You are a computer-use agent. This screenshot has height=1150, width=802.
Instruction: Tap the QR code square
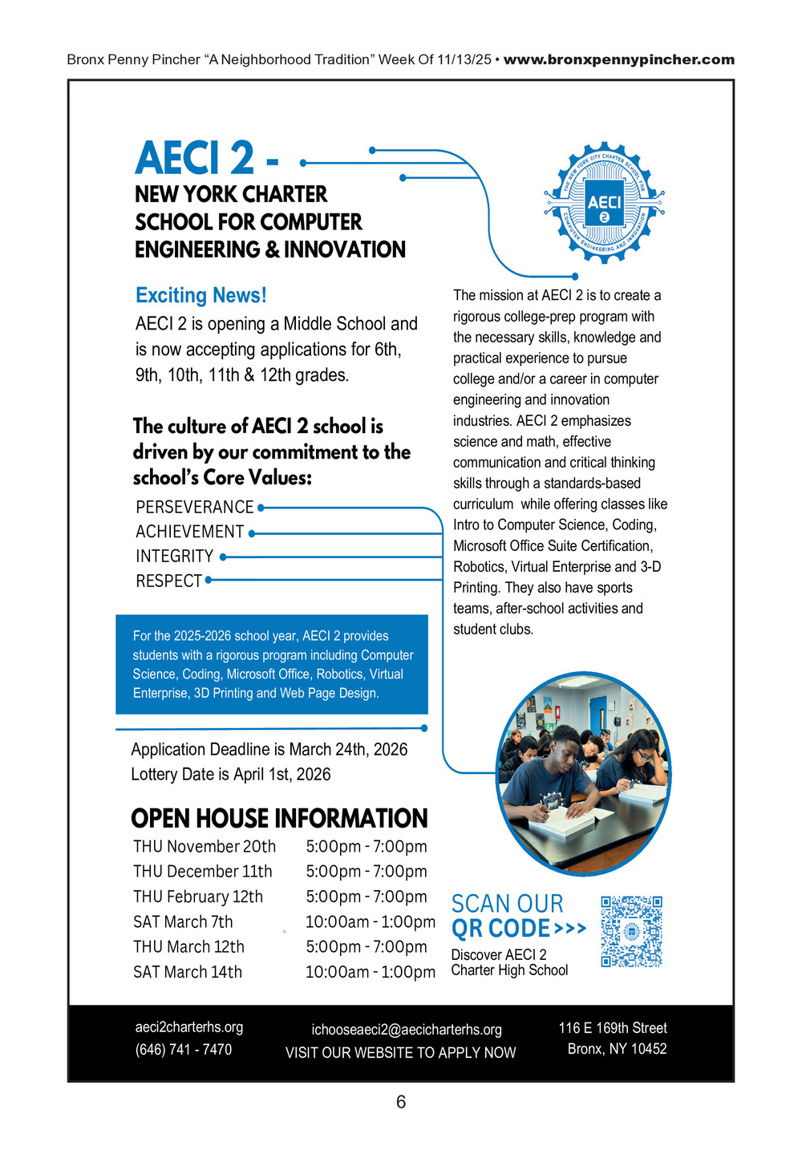631,931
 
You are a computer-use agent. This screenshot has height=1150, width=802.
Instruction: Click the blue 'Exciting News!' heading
200,295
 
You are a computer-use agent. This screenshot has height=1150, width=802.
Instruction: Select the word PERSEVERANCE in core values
194,507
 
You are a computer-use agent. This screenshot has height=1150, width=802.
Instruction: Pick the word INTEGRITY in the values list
174,556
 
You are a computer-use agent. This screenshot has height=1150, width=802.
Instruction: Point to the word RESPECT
168,581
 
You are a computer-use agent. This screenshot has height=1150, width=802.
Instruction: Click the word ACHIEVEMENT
189,532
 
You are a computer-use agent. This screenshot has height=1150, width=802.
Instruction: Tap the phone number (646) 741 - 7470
184,1049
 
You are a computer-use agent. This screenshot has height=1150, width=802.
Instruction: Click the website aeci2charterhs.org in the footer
189,1026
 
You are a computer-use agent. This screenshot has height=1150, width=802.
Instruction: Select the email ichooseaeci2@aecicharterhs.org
407,1029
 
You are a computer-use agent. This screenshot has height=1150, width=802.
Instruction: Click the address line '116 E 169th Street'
613,1027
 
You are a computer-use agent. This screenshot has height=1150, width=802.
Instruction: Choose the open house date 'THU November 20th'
205,846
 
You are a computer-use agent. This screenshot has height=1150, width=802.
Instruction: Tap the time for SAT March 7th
370,921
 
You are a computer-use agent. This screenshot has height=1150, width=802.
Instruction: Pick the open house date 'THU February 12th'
198,897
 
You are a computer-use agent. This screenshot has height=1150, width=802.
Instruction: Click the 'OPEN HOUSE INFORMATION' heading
279,818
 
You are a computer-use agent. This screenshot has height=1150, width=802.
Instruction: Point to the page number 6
401,1102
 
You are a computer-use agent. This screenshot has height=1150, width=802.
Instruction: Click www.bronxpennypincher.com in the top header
618,59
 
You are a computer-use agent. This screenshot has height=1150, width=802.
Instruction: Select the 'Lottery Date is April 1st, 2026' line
231,774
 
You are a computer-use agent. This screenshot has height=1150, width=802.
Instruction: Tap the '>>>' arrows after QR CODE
570,929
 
